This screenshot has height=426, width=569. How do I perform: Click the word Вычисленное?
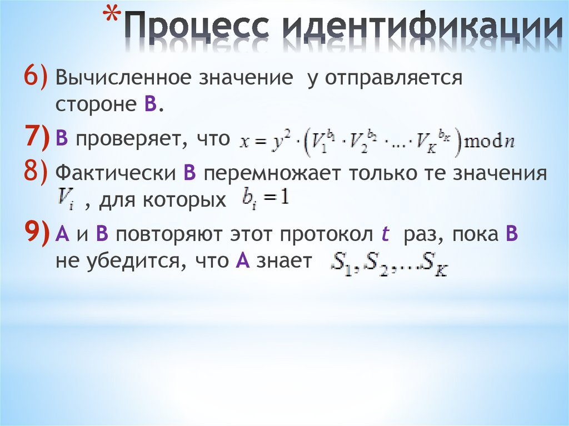click(x=119, y=78)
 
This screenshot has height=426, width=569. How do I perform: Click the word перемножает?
click(x=273, y=174)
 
